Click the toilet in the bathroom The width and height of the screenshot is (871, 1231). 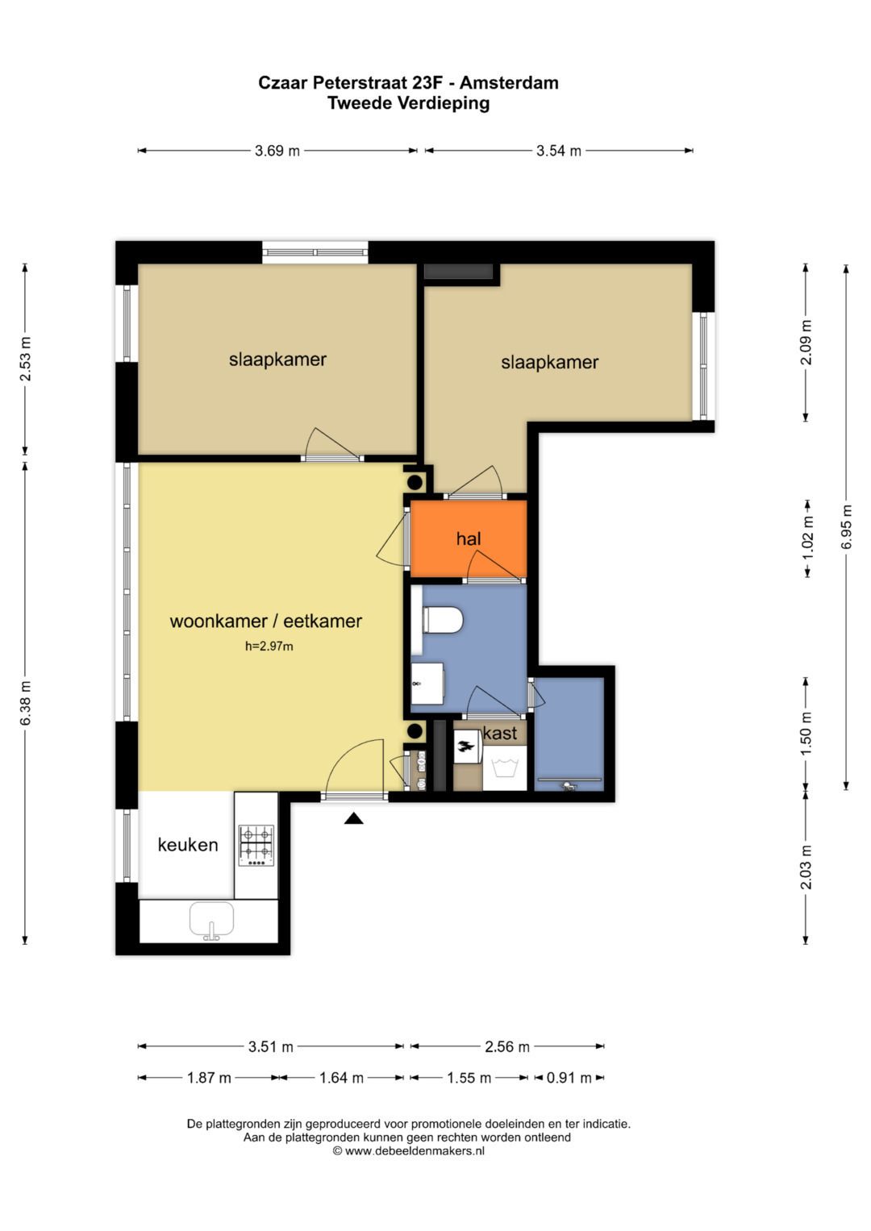[443, 620]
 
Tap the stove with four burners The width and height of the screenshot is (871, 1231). [256, 845]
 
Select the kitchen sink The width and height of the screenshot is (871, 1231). [211, 920]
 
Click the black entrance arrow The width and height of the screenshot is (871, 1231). [353, 819]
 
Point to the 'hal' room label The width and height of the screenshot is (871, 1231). [469, 539]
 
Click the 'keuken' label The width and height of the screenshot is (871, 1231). [188, 845]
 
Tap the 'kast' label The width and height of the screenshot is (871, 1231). [500, 733]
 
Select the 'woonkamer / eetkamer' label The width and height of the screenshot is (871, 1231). [265, 621]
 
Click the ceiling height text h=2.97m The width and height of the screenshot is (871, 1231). [269, 646]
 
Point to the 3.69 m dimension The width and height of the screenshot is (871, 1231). [277, 151]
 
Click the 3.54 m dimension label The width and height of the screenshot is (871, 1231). [559, 151]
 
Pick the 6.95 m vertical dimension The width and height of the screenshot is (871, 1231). [846, 527]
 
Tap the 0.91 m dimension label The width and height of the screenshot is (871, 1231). [569, 1078]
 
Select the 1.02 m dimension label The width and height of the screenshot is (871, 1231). [807, 538]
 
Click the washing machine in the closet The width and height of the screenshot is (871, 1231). [505, 767]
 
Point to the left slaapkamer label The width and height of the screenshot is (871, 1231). [277, 360]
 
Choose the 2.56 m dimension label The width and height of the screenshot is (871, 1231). [507, 1046]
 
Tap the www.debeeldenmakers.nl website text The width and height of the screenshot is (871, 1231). [415, 1151]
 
